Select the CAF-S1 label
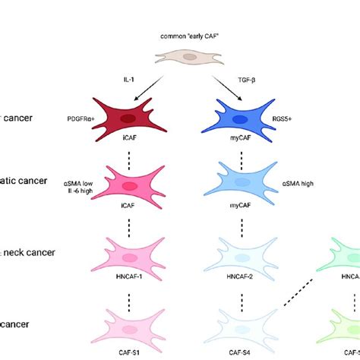pyautogui.click(x=129, y=353)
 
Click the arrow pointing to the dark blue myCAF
pyautogui.click(x=229, y=87)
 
